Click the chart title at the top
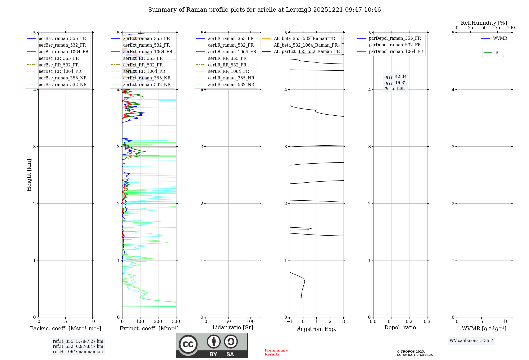264,10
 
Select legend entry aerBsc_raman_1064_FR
63,52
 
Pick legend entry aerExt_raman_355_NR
147,78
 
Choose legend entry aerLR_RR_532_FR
227,65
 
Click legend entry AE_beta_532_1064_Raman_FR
305,45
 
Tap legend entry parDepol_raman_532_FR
395,45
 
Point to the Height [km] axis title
29,175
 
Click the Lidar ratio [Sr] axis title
233,327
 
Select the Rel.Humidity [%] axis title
484,23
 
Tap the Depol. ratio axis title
400,327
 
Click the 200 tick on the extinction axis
158,322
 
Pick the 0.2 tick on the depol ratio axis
409,322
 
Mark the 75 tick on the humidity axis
497,28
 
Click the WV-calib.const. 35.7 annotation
471,341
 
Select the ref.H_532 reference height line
78,346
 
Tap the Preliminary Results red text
276,352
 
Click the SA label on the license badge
230,354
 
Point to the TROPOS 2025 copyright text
411,352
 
